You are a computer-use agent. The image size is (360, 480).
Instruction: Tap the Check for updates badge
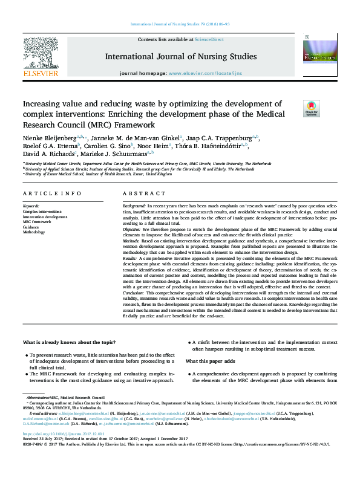point(312,109)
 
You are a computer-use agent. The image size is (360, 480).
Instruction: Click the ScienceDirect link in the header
point(208,39)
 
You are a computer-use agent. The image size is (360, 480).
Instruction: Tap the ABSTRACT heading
point(143,193)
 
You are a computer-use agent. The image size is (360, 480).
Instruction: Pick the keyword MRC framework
point(38,222)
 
